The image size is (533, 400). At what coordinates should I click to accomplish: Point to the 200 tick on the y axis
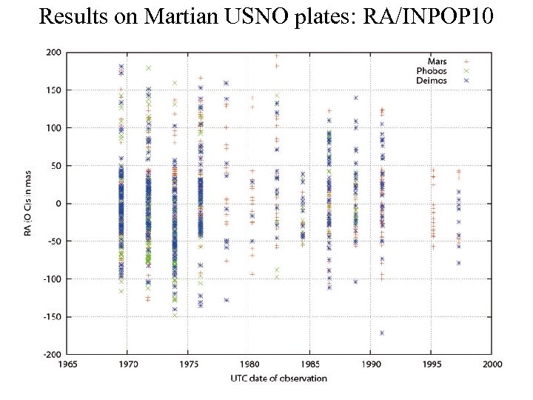(53, 52)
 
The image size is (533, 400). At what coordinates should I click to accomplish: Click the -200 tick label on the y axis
(52, 354)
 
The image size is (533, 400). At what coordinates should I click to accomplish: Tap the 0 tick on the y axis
(58, 203)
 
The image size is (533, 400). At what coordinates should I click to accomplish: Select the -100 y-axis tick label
(52, 279)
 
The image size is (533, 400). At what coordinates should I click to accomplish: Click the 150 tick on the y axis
(53, 90)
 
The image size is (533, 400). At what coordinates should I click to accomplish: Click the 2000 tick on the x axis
(492, 364)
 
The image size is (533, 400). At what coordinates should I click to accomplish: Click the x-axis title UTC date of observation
(279, 378)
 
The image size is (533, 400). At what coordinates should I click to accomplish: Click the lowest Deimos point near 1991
(382, 333)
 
